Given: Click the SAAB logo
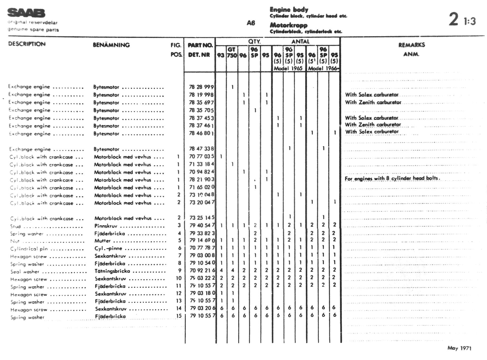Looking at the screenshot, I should [26, 13].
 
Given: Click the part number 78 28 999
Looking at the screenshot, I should [201, 87].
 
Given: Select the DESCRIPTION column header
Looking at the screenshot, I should [27, 44].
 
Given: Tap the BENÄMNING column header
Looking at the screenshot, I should [111, 45].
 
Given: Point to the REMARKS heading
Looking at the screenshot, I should [412, 45].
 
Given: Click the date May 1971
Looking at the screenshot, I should [459, 348].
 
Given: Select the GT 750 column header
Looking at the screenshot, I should [232, 52].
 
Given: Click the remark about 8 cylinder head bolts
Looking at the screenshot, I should [392, 178].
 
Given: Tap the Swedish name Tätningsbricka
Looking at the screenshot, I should [112, 271].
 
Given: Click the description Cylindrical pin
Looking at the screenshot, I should [29, 249].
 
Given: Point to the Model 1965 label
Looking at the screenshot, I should [288, 68].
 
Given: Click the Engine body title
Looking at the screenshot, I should [289, 10].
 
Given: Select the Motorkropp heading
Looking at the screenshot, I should [288, 25].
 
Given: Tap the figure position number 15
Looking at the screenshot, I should [179, 316].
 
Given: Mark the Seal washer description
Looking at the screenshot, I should [25, 272].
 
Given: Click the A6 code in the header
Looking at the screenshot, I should [251, 23].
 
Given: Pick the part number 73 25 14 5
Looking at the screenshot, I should [202, 218].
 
